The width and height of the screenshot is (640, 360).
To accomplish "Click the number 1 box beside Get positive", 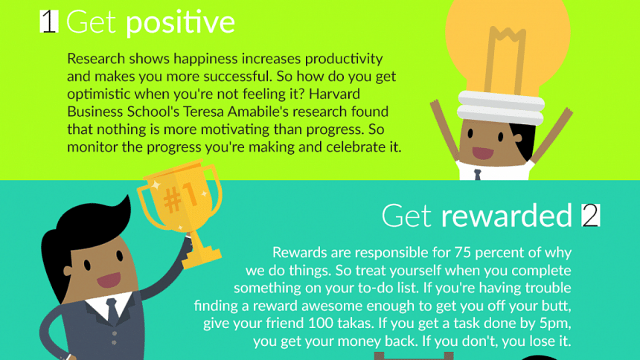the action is click(49, 22).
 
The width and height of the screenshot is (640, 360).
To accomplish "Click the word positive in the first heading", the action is click(180, 23).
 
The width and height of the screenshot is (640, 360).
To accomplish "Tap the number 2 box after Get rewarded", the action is click(591, 215).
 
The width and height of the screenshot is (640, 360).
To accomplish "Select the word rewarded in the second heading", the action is click(507, 215).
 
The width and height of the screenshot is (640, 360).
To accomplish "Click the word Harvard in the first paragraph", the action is click(334, 94).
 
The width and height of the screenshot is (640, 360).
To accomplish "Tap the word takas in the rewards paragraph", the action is click(355, 323).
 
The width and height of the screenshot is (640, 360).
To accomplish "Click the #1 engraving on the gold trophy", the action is click(179, 197).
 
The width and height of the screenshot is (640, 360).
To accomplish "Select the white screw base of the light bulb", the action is click(501, 107).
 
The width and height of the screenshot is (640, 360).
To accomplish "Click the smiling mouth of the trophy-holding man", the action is click(109, 280).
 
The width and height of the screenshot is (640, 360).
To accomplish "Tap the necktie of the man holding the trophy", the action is click(112, 310).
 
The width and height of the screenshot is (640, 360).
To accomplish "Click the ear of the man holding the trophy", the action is click(68, 271).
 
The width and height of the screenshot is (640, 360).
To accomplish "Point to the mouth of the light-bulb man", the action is click(483, 153).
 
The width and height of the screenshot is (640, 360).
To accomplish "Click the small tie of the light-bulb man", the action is click(478, 175).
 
